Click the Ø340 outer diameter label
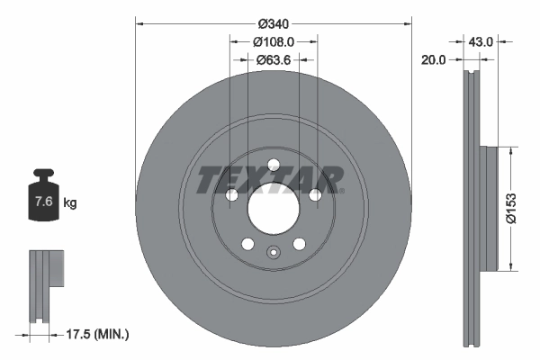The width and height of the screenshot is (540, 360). click(x=273, y=23)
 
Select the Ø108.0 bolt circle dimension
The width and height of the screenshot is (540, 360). click(x=274, y=42)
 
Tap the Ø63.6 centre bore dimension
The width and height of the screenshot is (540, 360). click(x=274, y=60)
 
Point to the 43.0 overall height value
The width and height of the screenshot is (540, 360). click(x=481, y=41)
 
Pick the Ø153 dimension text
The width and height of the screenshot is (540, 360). click(x=509, y=206)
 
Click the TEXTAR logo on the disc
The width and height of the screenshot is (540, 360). click(x=270, y=180)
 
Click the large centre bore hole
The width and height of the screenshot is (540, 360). click(x=274, y=214)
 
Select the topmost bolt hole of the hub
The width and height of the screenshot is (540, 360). click(x=274, y=164)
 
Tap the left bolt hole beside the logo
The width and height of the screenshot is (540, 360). click(x=231, y=195)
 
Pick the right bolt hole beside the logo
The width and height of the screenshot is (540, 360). click(x=316, y=195)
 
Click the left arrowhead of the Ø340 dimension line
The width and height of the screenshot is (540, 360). click(x=139, y=23)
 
